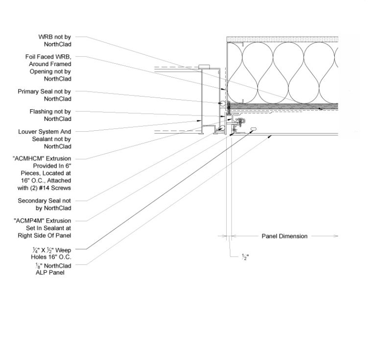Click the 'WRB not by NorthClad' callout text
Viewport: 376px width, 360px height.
click(55, 41)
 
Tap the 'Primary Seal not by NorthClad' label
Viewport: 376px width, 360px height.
click(45, 95)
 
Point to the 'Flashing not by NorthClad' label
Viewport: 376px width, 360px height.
click(50, 115)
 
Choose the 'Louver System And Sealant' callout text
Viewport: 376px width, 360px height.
click(45, 139)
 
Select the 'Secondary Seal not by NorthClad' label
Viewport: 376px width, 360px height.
click(45, 204)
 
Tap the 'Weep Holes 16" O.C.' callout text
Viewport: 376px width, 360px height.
click(51, 254)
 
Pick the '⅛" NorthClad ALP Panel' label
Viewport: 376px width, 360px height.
click(53, 269)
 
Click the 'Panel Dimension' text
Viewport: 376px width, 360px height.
click(284, 236)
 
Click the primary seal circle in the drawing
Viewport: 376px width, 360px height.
click(223, 103)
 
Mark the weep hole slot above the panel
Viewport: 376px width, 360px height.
click(253, 129)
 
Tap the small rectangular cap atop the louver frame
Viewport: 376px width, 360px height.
click(204, 67)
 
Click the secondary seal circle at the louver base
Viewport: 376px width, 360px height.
click(223, 128)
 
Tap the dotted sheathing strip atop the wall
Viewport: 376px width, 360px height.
click(282, 39)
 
